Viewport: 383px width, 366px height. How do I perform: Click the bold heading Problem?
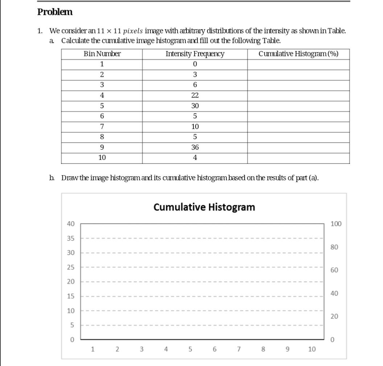55,12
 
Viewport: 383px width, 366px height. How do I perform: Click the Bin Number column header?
102,54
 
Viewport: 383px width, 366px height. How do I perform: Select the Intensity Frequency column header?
195,54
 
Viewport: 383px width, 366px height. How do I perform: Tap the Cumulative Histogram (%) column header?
298,54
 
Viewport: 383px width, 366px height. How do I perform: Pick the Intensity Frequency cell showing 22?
195,96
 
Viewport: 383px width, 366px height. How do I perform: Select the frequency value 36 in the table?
195,148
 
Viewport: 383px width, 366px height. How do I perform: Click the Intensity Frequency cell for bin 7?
195,127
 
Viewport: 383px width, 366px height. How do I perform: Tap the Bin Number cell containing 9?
102,148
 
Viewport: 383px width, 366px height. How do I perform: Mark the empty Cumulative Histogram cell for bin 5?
298,106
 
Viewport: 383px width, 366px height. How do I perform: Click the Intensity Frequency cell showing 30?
195,106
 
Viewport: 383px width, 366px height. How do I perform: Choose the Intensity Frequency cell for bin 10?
195,158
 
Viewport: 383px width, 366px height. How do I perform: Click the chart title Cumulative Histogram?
204,207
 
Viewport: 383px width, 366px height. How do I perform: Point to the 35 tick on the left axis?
71,238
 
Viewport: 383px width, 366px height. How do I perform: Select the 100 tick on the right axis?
336,224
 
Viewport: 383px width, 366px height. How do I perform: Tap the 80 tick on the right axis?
334,247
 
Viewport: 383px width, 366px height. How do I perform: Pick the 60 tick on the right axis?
334,270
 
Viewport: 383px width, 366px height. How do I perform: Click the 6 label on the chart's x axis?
214,349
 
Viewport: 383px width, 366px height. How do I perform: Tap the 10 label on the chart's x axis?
312,349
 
